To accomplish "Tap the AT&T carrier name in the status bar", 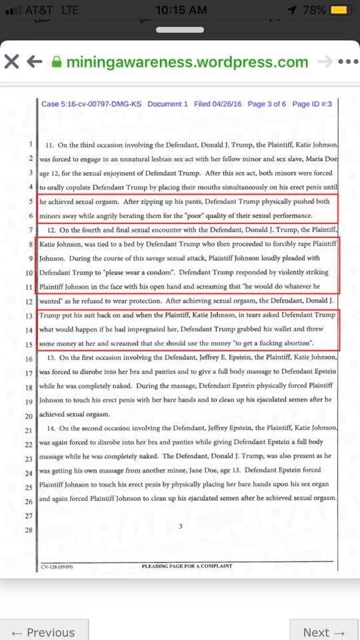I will point(40,11).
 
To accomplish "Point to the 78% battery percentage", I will point(313,11).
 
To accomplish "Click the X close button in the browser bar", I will point(11,62).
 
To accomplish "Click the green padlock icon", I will point(57,62).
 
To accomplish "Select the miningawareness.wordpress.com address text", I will point(187,62).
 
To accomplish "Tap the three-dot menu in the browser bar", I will point(348,62).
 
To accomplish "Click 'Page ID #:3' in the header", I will point(312,104).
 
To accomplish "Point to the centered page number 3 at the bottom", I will point(181,527).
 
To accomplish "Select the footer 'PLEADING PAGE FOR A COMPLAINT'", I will point(187,566).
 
